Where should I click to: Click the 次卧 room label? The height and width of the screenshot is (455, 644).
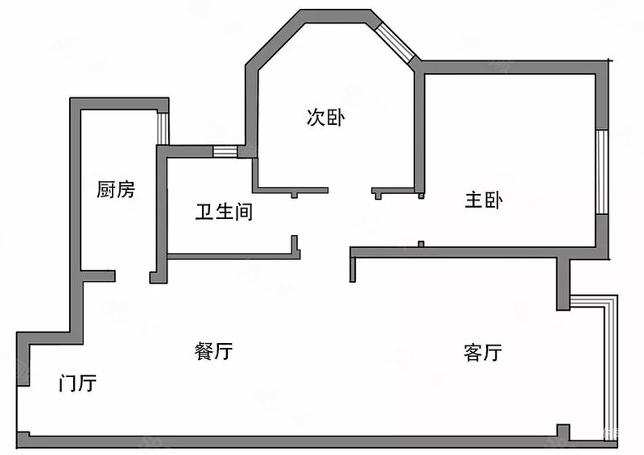pos(326,118)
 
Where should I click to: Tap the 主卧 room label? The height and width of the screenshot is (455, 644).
pos(484,201)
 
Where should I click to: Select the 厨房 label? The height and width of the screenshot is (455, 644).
pos(116,189)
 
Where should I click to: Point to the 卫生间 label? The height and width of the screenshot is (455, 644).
pos(224,212)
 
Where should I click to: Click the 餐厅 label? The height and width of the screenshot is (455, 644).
pos(213,351)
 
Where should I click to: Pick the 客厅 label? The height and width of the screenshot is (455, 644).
pos(483,353)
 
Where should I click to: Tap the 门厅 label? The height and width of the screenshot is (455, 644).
pos(77,383)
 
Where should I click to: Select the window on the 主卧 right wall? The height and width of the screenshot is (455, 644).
pos(601,172)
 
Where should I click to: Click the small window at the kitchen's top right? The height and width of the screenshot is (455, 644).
pos(163,129)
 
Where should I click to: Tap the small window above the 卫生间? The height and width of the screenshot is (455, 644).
pos(225,151)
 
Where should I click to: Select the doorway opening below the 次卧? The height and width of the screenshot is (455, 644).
pos(349,190)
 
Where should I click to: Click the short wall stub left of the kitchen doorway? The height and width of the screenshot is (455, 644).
pos(98,275)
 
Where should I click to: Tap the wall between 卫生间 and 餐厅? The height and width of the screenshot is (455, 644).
pos(233,256)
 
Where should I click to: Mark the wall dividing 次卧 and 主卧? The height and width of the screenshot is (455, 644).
pos(419,132)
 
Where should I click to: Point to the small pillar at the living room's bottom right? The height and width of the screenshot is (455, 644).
pos(563,431)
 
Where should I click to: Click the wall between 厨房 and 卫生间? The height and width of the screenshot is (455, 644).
pos(163,213)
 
